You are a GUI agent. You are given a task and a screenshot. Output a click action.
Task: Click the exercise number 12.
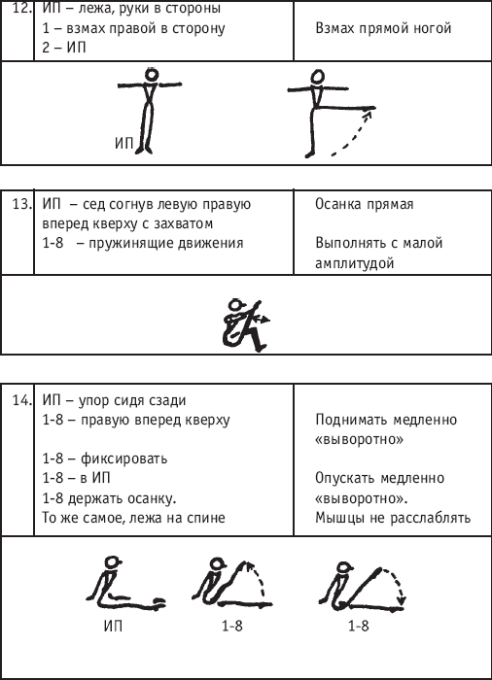coord(21,8)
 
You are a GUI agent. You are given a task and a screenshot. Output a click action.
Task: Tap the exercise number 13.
coord(21,204)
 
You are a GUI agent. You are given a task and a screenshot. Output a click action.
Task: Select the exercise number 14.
coord(21,400)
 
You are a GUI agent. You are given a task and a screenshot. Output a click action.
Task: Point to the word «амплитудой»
coord(354,263)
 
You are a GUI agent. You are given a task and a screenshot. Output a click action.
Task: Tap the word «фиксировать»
coord(123,459)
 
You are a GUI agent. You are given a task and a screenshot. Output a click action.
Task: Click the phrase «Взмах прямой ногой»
coord(383,28)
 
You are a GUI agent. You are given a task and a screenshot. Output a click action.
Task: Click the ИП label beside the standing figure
coord(123,143)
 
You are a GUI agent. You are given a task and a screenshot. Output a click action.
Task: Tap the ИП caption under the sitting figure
coord(113,626)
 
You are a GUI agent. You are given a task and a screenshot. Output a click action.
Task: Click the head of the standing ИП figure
coord(151,75)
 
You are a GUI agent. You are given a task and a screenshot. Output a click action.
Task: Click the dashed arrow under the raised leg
coord(354,136)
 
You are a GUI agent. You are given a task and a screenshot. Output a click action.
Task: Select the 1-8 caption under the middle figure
coord(231,626)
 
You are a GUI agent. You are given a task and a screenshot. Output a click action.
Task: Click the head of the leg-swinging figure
coord(318,77)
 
